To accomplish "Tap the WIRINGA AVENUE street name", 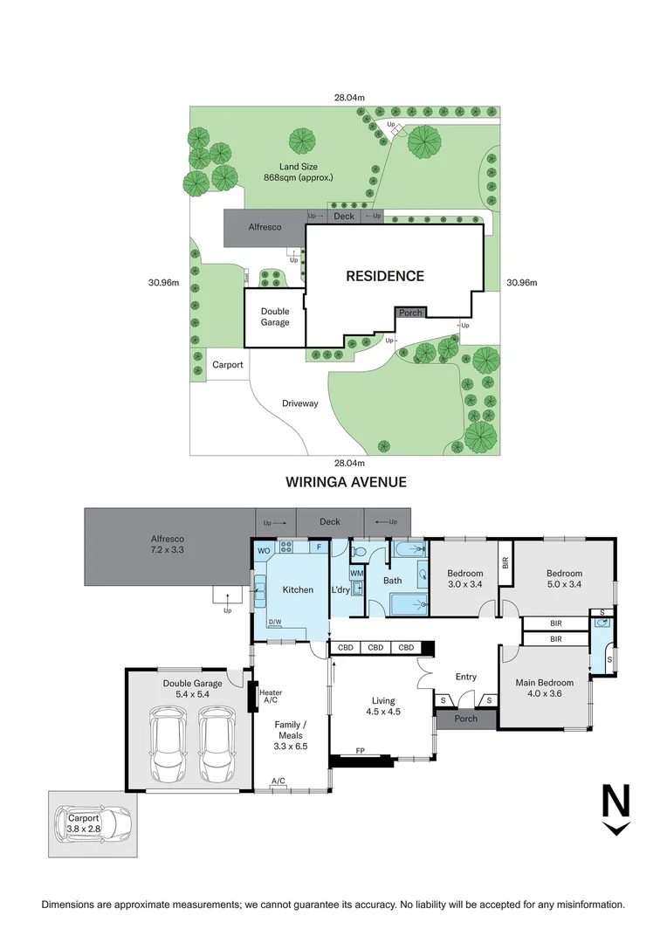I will pyautogui.click(x=346, y=482).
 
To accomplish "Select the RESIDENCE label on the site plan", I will pyautogui.click(x=385, y=276).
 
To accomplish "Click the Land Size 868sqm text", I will pyautogui.click(x=299, y=172).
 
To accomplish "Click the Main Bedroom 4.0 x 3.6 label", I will pyautogui.click(x=545, y=688).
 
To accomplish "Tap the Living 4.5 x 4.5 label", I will pyautogui.click(x=382, y=706).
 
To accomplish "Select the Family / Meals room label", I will pyautogui.click(x=292, y=731).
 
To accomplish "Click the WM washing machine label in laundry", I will pyautogui.click(x=356, y=573).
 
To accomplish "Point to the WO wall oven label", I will pyautogui.click(x=264, y=551).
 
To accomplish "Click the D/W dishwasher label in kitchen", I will pyautogui.click(x=274, y=623).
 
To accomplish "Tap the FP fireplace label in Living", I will pyautogui.click(x=360, y=750).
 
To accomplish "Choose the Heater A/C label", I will pyautogui.click(x=271, y=696).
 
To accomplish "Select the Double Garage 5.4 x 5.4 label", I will pyautogui.click(x=192, y=689).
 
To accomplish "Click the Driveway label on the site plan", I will pyautogui.click(x=299, y=403).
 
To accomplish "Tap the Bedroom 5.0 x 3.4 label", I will pyautogui.click(x=564, y=578).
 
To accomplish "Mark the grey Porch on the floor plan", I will pyautogui.click(x=466, y=719).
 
